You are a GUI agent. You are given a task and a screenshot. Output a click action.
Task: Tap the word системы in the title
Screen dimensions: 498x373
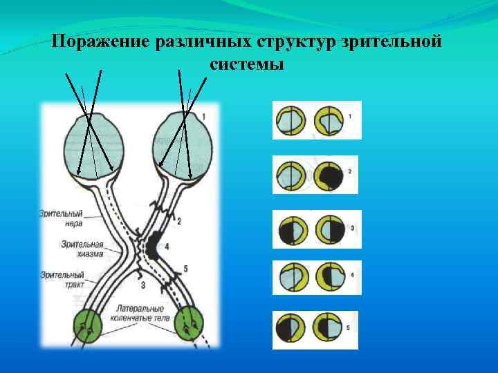246,64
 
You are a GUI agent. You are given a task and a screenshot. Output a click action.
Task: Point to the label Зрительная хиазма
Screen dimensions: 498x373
80,249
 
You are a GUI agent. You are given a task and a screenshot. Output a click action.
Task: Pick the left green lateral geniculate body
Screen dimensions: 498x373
89,326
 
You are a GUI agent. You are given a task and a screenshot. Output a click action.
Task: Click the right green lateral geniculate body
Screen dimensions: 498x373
190,326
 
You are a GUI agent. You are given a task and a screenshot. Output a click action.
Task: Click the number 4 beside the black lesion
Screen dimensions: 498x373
167,246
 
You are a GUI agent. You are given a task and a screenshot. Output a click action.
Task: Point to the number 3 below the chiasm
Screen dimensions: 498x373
142,285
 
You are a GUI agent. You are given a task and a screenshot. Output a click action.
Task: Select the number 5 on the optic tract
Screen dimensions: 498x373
187,268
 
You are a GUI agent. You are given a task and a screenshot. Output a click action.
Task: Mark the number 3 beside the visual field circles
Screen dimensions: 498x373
352,227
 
